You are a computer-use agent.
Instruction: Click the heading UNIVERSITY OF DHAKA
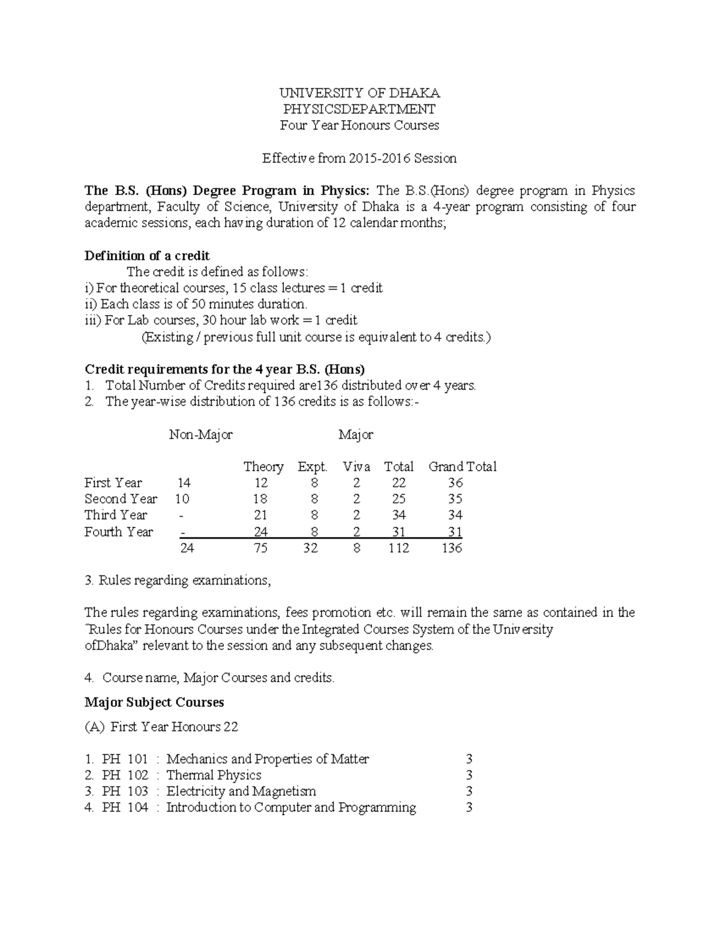click(359, 93)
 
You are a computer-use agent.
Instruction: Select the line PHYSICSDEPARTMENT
click(359, 109)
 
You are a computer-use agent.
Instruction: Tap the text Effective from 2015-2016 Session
click(359, 158)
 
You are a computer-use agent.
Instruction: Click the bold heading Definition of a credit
click(147, 256)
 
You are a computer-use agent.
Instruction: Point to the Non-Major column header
click(200, 434)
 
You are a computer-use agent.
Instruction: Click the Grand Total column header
click(462, 467)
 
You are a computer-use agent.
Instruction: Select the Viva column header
click(356, 467)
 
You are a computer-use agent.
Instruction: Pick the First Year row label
click(113, 483)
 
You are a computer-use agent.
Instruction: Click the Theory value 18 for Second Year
click(260, 499)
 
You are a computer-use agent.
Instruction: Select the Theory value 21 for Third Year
click(260, 516)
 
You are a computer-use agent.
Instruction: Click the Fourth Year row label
click(119, 532)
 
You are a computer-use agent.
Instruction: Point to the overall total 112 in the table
click(398, 549)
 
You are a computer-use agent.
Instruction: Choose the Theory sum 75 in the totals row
click(260, 549)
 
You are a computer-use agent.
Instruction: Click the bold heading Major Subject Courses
click(154, 703)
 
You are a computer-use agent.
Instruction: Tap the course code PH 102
click(125, 775)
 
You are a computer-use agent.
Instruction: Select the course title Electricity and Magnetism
click(241, 792)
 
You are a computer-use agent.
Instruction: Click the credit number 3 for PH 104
click(469, 808)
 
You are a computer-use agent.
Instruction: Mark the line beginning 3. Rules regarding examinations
click(178, 581)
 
